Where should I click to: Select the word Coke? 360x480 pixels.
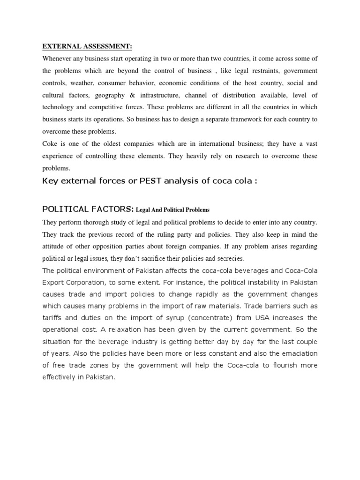coord(51,144)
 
